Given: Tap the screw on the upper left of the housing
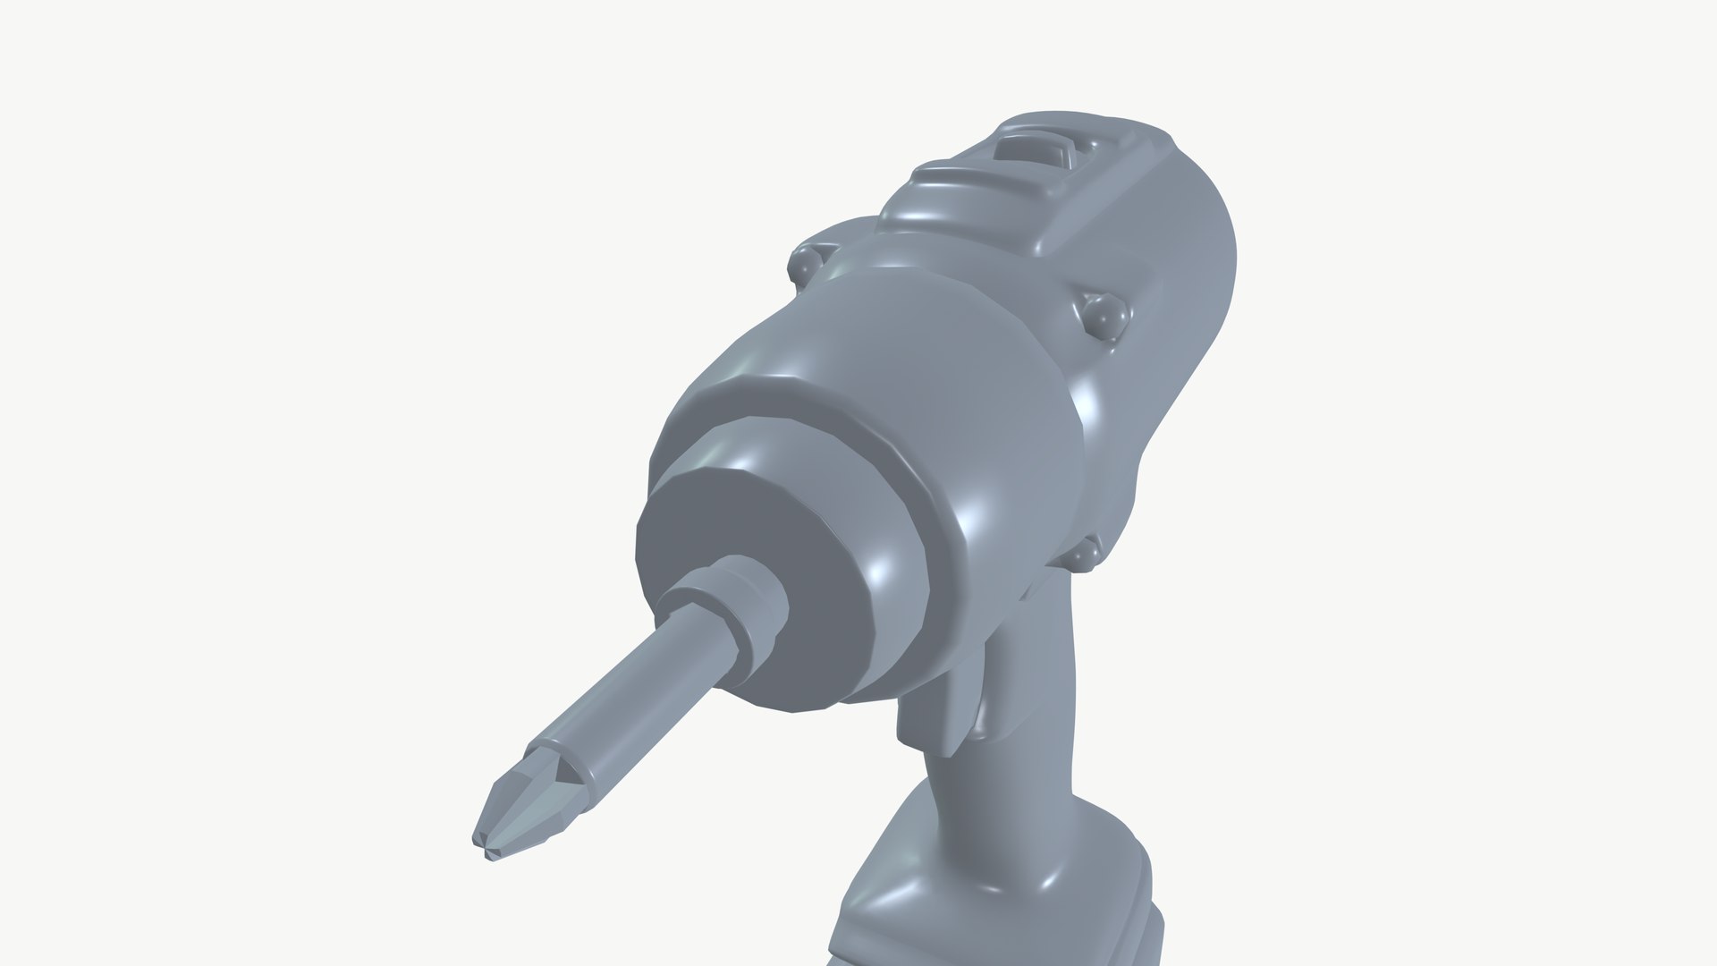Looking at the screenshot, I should [807, 264].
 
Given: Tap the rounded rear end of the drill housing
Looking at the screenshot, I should [1198, 268].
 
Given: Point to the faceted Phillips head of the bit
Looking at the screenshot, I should [528, 805].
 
